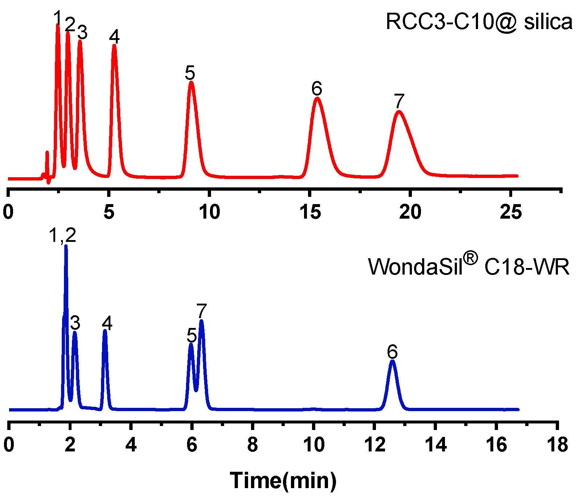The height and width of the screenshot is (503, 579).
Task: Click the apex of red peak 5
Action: [191, 83]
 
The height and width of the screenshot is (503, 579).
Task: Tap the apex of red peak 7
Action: [399, 111]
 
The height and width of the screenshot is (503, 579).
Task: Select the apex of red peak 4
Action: [114, 46]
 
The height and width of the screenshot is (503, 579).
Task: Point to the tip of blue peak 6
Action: [392, 361]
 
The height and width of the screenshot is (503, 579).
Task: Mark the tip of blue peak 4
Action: [105, 331]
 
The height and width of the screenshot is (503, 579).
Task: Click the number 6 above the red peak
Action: [317, 88]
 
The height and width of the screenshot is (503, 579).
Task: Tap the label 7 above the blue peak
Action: [202, 311]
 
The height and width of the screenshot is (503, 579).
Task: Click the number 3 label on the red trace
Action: [82, 33]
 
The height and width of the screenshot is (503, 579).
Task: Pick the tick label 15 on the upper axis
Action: [310, 212]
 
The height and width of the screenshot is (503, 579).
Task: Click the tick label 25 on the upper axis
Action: [510, 212]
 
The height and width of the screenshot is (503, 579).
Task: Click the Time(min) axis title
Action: [283, 480]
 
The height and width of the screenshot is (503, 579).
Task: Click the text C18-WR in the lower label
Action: [527, 268]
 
